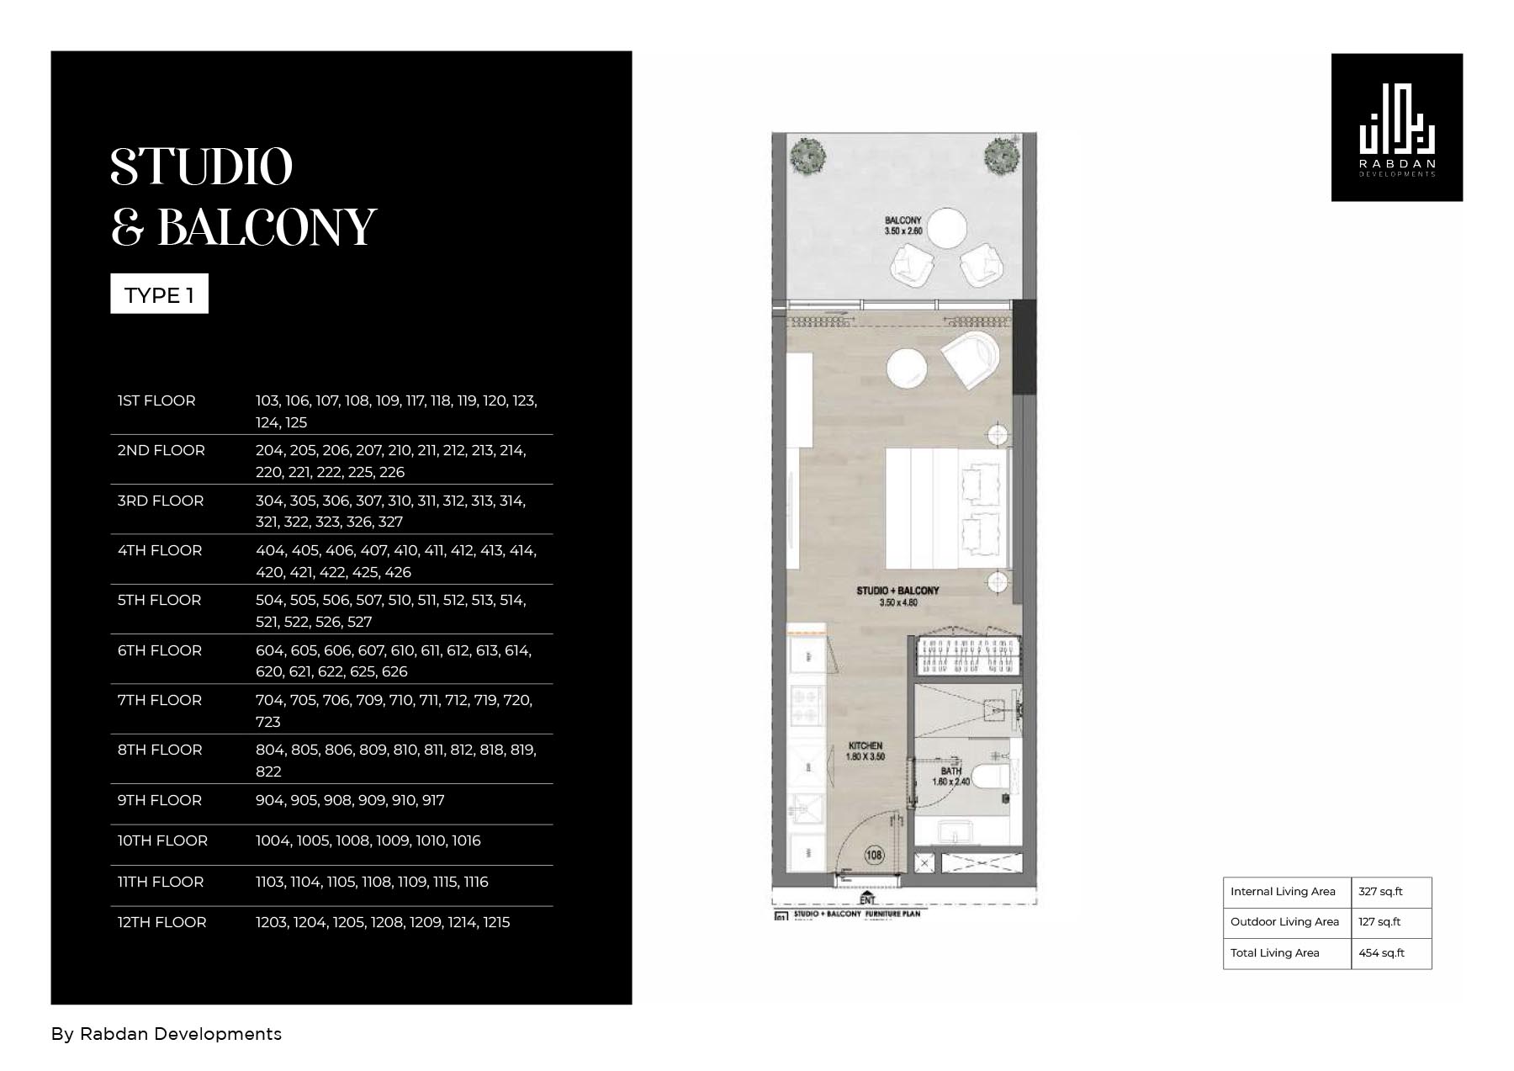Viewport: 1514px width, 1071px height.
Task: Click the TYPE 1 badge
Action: click(159, 294)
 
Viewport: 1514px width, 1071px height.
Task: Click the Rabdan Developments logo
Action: click(1396, 128)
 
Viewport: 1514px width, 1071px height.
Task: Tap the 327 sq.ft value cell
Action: click(1381, 892)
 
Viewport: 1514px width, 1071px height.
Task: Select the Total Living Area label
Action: click(1274, 953)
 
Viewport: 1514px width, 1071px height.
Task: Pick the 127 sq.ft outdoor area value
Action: click(1379, 922)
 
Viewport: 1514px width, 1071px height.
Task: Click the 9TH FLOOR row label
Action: click(160, 800)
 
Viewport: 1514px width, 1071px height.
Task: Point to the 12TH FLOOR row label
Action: click(161, 922)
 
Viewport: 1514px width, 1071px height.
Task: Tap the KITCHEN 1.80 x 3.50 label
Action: click(866, 750)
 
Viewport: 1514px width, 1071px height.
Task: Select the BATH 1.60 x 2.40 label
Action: click(950, 776)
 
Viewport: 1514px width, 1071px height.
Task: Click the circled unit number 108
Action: click(874, 856)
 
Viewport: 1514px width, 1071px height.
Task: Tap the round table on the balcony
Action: click(942, 227)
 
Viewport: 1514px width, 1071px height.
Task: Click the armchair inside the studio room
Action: click(970, 358)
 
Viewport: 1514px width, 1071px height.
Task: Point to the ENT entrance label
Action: click(867, 899)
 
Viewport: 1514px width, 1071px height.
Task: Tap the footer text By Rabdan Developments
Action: click(167, 1034)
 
